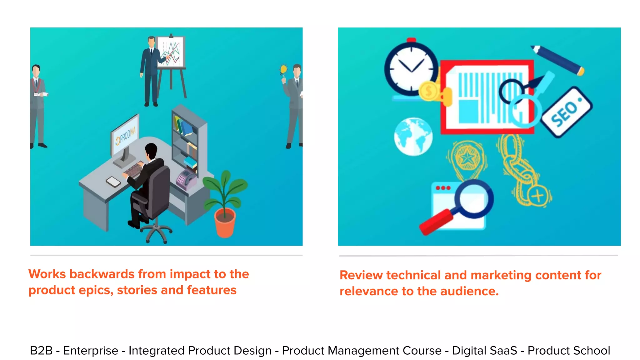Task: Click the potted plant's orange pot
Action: (225, 222)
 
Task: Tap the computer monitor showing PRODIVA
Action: (125, 136)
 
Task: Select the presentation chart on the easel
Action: (171, 52)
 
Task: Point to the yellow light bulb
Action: (283, 69)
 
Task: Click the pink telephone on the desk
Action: (185, 179)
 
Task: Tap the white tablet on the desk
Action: (113, 182)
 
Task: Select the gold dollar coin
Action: (429, 91)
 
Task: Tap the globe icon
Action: (413, 137)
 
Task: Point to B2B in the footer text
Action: (41, 351)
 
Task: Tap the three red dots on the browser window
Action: (443, 188)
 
